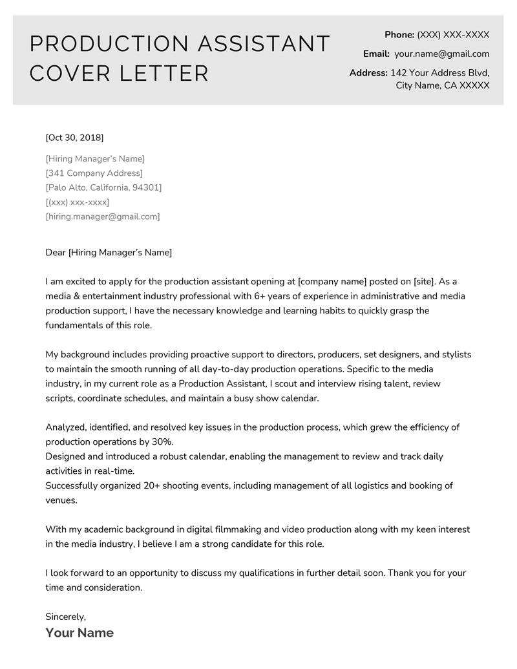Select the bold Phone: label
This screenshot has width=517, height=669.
click(x=399, y=35)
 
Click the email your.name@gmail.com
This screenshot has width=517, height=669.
click(x=441, y=54)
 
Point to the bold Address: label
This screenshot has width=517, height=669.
click(x=368, y=73)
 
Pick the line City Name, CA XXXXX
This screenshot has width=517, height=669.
click(x=442, y=85)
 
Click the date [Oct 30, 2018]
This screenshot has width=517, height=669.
click(x=74, y=138)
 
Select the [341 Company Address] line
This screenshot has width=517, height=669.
click(x=94, y=173)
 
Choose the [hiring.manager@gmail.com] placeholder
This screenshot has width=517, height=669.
click(x=103, y=217)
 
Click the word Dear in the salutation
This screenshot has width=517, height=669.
click(x=56, y=253)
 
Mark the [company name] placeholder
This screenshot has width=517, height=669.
click(x=332, y=282)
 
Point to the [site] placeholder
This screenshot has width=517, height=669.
click(x=424, y=282)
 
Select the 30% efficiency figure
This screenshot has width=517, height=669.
click(x=162, y=441)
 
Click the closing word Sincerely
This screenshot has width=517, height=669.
click(x=65, y=617)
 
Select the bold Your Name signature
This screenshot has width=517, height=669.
click(x=79, y=633)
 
